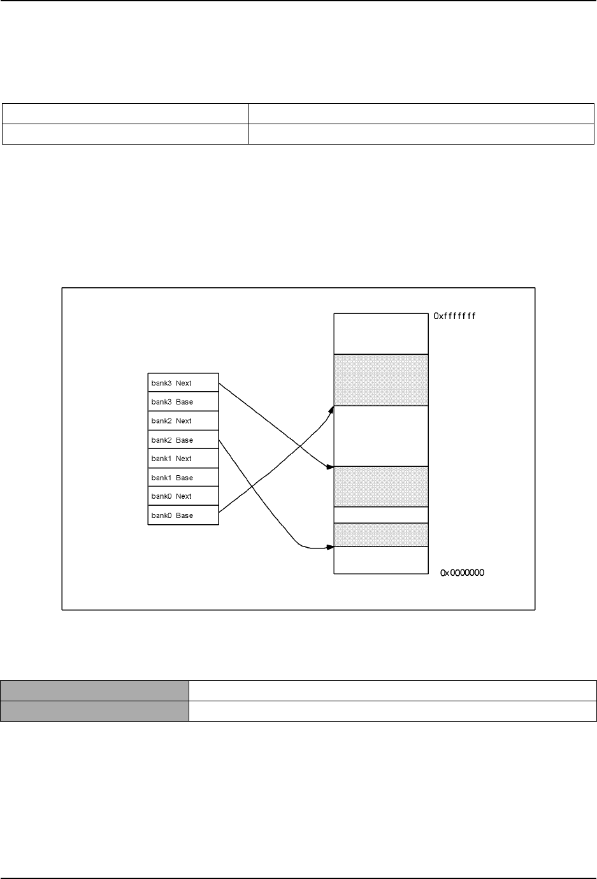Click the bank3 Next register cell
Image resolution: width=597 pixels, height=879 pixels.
[x=183, y=383]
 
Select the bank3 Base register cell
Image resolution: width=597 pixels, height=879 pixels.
[x=183, y=402]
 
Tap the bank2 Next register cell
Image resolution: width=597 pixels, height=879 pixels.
[x=183, y=420]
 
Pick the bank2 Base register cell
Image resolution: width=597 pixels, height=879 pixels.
[x=183, y=439]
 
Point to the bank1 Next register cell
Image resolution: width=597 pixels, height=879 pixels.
[x=183, y=459]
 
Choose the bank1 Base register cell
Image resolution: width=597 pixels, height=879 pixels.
[x=183, y=477]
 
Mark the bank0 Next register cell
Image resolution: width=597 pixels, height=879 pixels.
[x=183, y=496]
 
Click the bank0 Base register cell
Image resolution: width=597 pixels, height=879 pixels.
[x=183, y=515]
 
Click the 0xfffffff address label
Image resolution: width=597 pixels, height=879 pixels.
[x=455, y=315]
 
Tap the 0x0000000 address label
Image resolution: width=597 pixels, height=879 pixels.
[x=463, y=573]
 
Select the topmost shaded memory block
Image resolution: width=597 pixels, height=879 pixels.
[x=381, y=380]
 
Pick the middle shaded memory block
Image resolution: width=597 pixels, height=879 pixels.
[x=381, y=487]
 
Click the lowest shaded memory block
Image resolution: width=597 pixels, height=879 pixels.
[x=381, y=535]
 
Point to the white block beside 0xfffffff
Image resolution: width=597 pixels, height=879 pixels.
[x=381, y=334]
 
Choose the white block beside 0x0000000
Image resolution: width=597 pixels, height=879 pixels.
[x=381, y=560]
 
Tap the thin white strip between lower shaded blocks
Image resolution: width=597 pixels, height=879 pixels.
[x=381, y=515]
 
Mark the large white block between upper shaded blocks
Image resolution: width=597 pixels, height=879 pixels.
[x=381, y=436]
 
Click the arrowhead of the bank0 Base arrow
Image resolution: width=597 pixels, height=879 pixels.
[x=331, y=408]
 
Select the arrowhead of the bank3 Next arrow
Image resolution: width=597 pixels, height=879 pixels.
[x=329, y=468]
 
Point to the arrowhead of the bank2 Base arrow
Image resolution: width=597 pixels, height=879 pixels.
[x=330, y=547]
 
